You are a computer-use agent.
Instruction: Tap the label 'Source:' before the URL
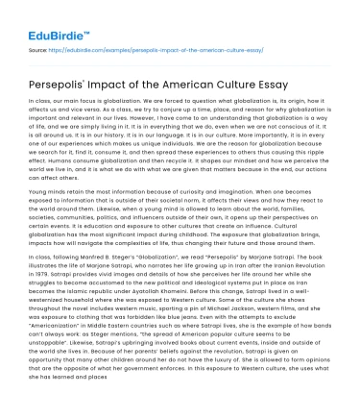click(42, 47)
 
